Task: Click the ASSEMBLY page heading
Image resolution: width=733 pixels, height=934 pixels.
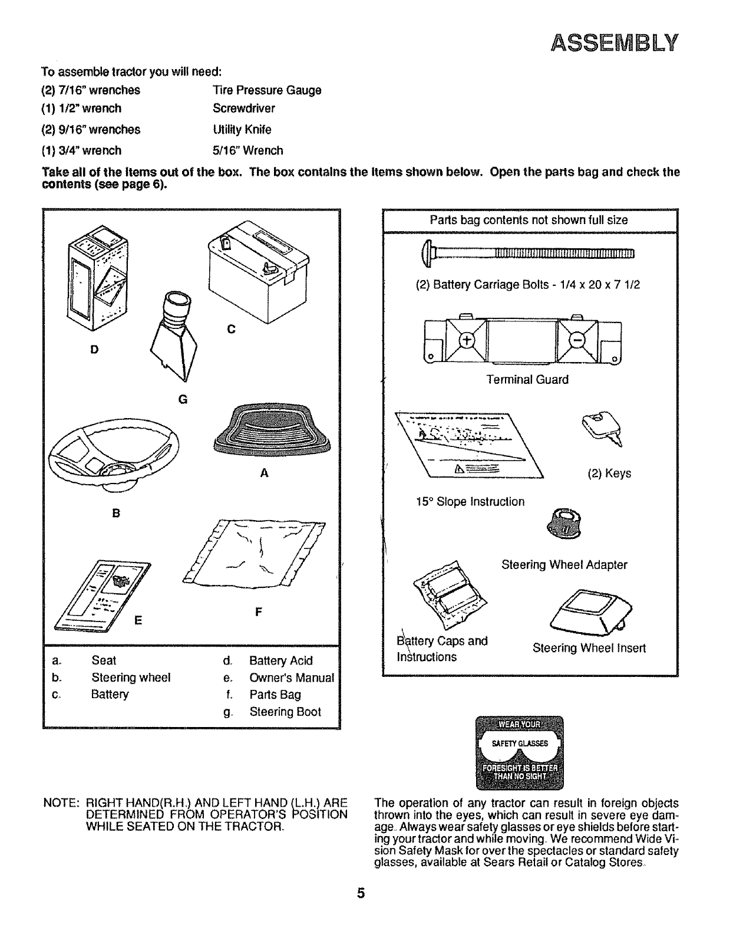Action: (x=615, y=43)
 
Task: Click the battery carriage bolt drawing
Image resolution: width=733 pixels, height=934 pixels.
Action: (x=527, y=254)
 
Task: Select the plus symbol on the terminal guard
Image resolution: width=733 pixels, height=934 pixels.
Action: (x=467, y=341)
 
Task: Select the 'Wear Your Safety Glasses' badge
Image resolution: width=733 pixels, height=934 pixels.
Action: (x=519, y=752)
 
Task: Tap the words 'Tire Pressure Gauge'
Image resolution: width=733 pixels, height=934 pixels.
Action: (x=266, y=90)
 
